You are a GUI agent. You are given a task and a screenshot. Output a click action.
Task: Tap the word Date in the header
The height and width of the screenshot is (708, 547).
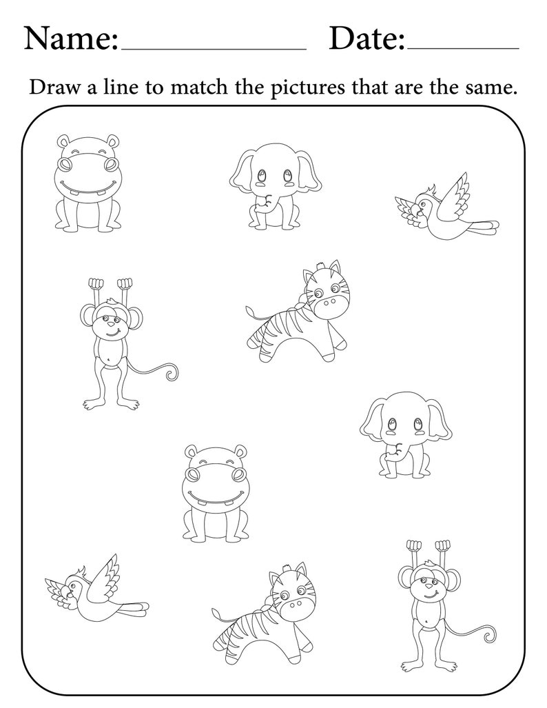coord(364,39)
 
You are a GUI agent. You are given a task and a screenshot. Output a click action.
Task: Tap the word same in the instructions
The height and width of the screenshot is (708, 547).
coord(491,88)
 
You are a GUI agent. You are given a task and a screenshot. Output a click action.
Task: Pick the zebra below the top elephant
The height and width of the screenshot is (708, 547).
coord(299,314)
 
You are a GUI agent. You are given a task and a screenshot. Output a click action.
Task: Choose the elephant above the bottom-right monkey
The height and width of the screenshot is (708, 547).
coord(406,435)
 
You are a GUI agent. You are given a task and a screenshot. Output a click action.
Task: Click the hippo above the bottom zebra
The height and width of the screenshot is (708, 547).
coord(215,491)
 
